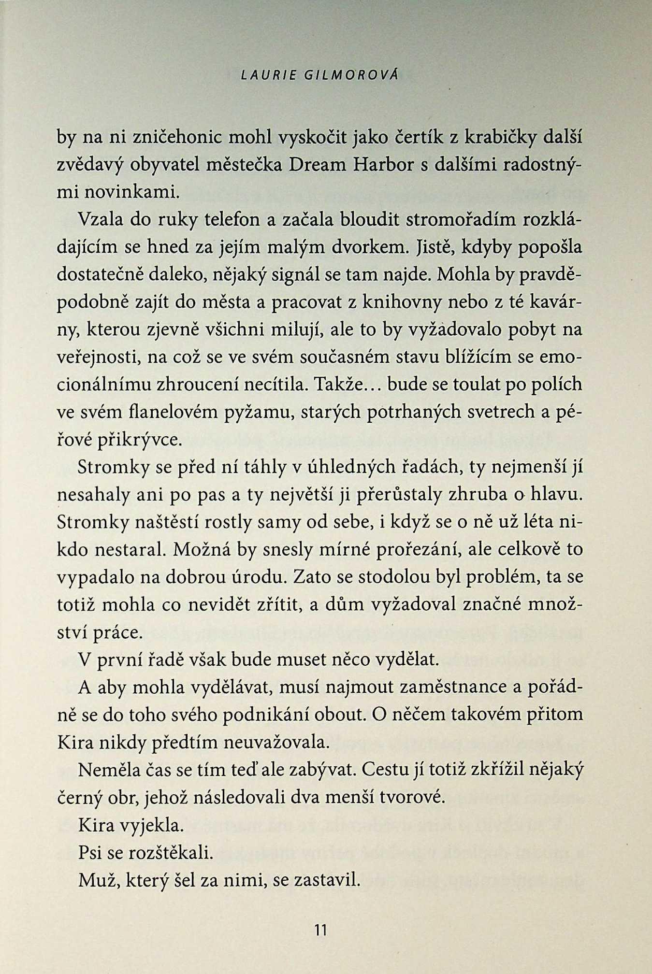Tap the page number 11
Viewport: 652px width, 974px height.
point(320,929)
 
